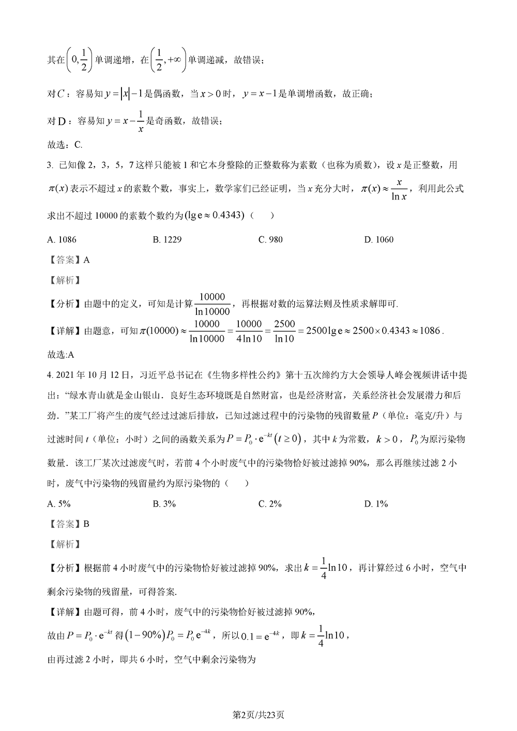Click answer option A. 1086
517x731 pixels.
[62, 239]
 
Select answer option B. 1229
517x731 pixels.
[167, 239]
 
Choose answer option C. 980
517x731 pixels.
[270, 239]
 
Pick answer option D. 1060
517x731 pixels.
[378, 239]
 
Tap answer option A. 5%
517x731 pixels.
[58, 504]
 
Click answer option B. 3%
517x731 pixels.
[164, 504]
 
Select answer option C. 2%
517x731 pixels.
[270, 504]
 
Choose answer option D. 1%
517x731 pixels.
[376, 504]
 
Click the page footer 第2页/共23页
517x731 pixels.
[258, 714]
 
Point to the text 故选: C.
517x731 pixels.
[65, 145]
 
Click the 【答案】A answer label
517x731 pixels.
[68, 260]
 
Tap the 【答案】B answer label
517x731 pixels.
[68, 524]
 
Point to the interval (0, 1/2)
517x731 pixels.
[79, 60]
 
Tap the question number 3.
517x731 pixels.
[50, 165]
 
